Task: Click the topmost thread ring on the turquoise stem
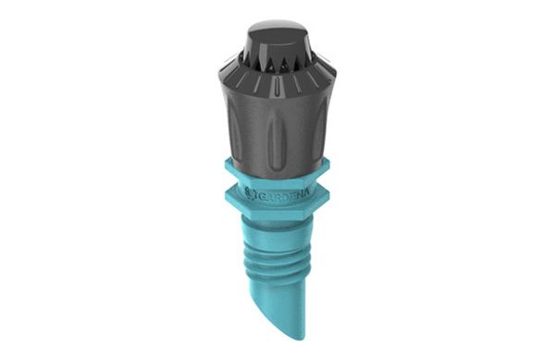pyautogui.click(x=275, y=240)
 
